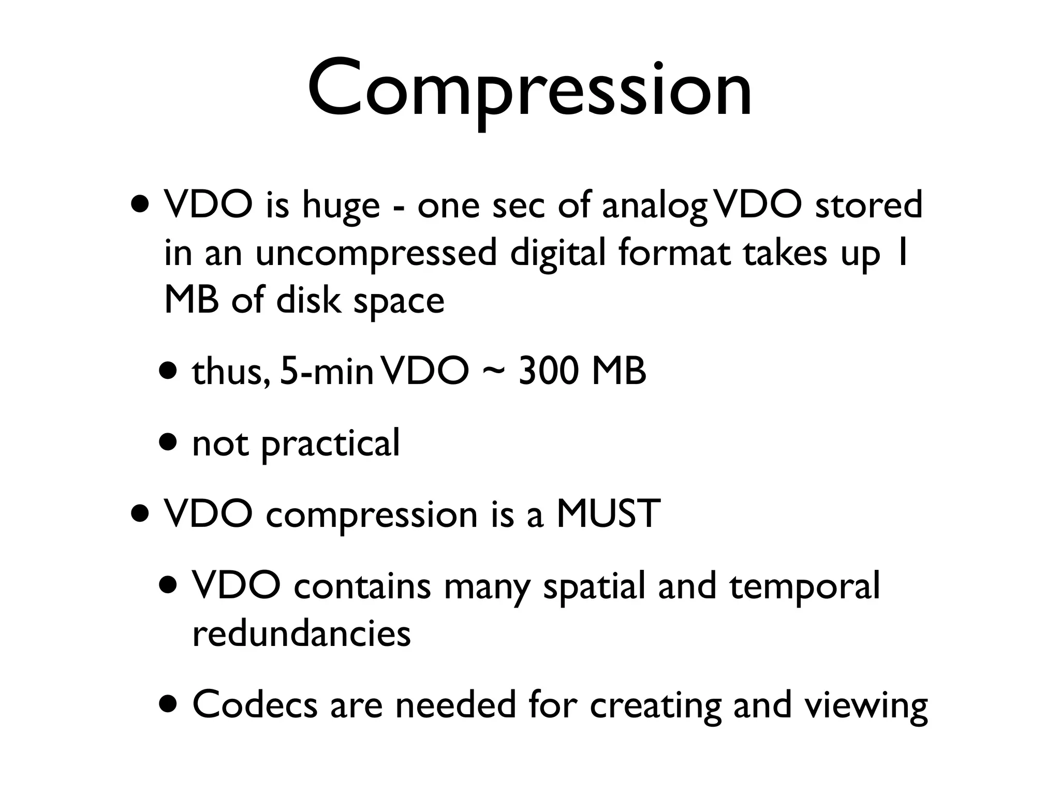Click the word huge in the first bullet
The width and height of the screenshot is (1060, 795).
[341, 205]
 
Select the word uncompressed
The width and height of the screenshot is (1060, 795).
[376, 254]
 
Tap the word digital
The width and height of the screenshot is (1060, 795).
[557, 254]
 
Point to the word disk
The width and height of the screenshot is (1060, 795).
[308, 301]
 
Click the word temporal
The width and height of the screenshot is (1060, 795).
[804, 586]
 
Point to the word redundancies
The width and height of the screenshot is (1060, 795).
[301, 633]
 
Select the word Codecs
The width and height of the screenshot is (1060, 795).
[255, 704]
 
